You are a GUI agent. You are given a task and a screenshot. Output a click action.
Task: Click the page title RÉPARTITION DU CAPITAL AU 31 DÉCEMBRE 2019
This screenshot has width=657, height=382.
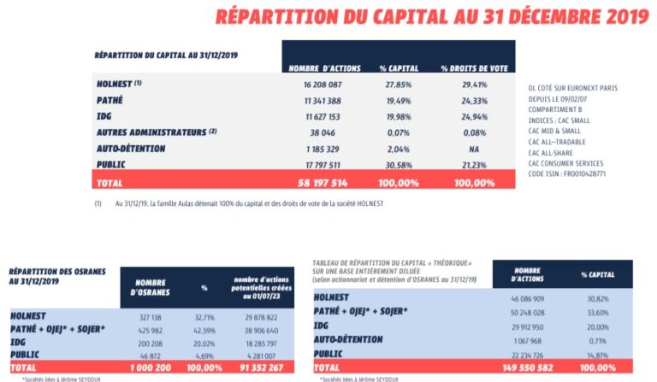(x=432, y=16)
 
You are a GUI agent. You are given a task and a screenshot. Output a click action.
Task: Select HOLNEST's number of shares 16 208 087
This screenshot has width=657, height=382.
(x=323, y=85)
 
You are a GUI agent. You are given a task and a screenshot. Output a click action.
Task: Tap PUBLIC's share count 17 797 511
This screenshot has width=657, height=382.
(x=323, y=165)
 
